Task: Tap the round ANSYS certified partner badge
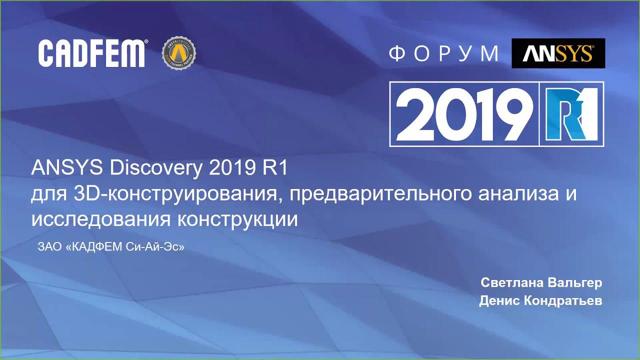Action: (179, 53)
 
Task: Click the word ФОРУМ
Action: (444, 53)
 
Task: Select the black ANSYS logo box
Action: (558, 53)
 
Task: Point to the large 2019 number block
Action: (464, 114)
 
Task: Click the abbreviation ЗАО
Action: (50, 247)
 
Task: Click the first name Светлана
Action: (508, 282)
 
